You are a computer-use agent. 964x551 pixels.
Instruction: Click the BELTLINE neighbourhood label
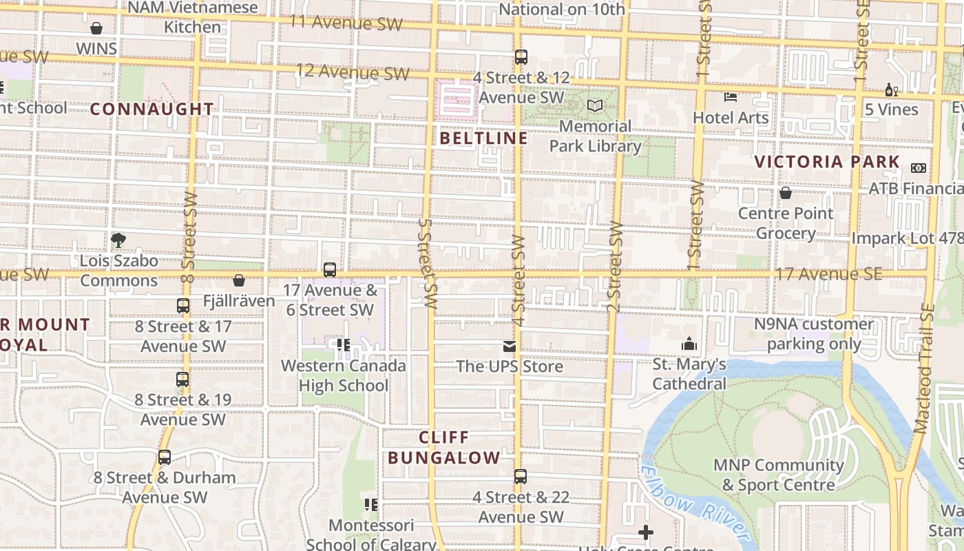[x=483, y=138]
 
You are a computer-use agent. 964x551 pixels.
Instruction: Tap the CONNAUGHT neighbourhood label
[x=151, y=109]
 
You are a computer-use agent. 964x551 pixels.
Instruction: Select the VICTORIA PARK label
[x=827, y=162]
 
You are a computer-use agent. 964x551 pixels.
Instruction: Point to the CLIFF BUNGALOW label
[x=444, y=448]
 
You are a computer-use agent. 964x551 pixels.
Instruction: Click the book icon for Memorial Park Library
[x=594, y=106]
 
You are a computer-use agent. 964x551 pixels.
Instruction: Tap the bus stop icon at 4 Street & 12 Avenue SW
[x=521, y=57]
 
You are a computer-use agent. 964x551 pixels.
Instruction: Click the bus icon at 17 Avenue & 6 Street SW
[x=330, y=270]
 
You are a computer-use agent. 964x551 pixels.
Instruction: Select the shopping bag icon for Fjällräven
[x=239, y=280]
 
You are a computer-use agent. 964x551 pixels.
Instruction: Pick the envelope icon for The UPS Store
[x=510, y=346]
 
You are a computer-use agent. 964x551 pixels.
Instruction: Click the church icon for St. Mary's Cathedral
[x=689, y=344]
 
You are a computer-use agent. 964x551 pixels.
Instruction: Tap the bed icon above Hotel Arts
[x=731, y=97]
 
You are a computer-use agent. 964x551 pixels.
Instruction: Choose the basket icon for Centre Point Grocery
[x=785, y=193]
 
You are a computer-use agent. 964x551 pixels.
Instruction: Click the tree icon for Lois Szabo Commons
[x=118, y=240]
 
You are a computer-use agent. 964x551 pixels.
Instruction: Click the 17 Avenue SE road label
[x=828, y=274]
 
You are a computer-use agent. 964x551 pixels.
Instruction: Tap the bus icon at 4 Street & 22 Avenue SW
[x=521, y=477]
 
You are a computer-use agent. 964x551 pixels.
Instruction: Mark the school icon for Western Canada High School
[x=343, y=345]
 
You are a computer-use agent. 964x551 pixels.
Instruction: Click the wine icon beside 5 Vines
[x=891, y=90]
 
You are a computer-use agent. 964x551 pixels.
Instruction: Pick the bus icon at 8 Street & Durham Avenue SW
[x=165, y=457]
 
